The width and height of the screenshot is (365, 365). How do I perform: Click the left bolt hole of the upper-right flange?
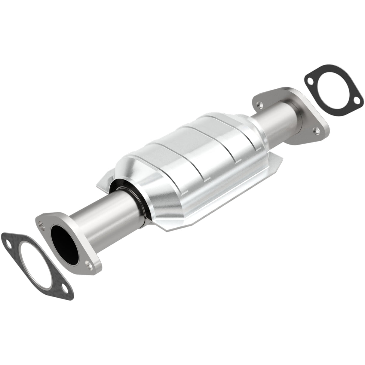point(259,104)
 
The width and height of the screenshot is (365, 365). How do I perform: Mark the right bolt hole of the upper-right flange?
point(315,130)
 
